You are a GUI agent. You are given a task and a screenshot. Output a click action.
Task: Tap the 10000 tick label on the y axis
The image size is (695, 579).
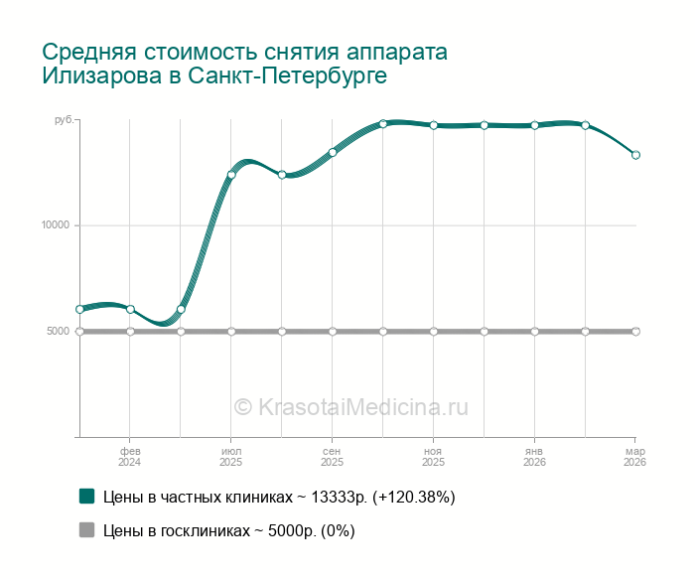(x=56, y=225)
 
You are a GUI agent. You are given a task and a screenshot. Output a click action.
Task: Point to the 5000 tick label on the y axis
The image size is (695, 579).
(x=59, y=331)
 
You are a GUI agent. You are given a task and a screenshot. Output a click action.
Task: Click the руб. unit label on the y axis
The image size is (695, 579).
(x=63, y=120)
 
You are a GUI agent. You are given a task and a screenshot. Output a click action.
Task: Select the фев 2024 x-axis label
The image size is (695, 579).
(x=130, y=457)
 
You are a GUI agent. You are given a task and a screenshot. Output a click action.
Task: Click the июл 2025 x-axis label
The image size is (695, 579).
(x=231, y=457)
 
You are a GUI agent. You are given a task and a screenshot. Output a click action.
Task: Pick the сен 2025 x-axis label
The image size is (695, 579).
(x=333, y=457)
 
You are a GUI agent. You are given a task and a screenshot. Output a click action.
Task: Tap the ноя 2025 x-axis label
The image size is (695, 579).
(x=433, y=457)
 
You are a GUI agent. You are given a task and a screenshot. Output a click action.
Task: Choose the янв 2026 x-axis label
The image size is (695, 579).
(x=534, y=457)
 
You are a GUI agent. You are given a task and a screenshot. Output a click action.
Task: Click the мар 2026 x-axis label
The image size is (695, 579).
(x=635, y=457)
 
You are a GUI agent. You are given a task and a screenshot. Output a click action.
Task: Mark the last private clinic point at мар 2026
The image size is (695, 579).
(x=635, y=155)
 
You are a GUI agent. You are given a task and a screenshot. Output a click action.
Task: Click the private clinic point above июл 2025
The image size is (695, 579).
(x=231, y=175)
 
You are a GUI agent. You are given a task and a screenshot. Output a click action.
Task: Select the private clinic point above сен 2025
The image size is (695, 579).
(x=333, y=152)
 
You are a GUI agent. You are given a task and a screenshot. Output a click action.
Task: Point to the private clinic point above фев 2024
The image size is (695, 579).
(x=130, y=309)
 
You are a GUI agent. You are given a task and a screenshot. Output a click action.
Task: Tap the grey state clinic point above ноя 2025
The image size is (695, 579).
(x=434, y=331)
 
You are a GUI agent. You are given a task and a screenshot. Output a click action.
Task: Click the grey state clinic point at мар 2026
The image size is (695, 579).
(x=635, y=331)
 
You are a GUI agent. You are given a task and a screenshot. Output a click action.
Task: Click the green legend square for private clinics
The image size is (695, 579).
(x=86, y=497)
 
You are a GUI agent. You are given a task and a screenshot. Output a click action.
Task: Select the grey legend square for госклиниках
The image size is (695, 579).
(x=86, y=530)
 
